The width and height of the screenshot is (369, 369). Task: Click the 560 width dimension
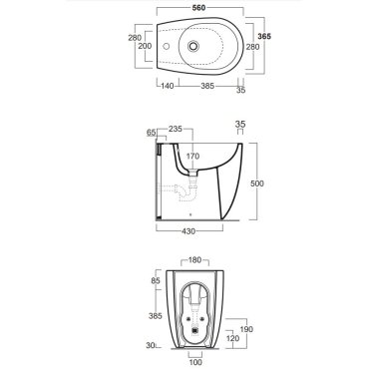coord(199,8)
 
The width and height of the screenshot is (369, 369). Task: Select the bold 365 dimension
coord(264,37)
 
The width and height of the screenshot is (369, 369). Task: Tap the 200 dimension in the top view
coord(145,46)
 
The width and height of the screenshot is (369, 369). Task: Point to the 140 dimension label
coord(168,86)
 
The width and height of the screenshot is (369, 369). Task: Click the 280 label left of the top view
coord(135,38)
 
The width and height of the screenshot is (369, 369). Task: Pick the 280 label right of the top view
coord(252,47)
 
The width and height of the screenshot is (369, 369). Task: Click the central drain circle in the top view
coord(192,46)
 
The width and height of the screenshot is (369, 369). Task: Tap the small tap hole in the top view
coord(167,46)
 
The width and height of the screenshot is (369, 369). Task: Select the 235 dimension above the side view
coord(176,129)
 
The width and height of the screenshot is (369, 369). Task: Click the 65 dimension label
coord(152,133)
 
